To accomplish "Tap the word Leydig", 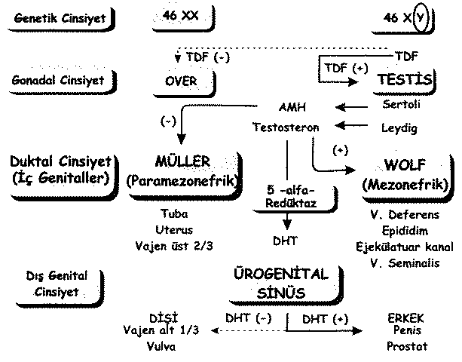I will pyautogui.click(x=399, y=127).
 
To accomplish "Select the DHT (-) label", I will pyautogui.click(x=248, y=318).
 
